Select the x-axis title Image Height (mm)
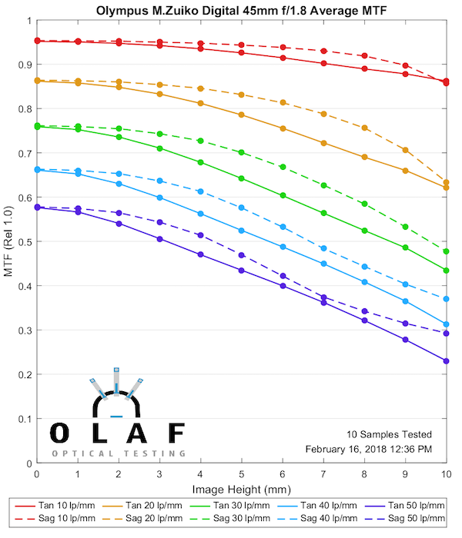click(242, 488)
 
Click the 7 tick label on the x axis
click(323, 475)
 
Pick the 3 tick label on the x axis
click(159, 475)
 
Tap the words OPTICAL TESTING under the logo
click(119, 453)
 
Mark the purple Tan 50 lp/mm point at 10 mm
click(446, 360)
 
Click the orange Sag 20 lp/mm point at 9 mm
click(405, 150)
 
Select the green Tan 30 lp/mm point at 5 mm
click(241, 178)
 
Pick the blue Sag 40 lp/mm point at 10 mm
click(446, 298)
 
